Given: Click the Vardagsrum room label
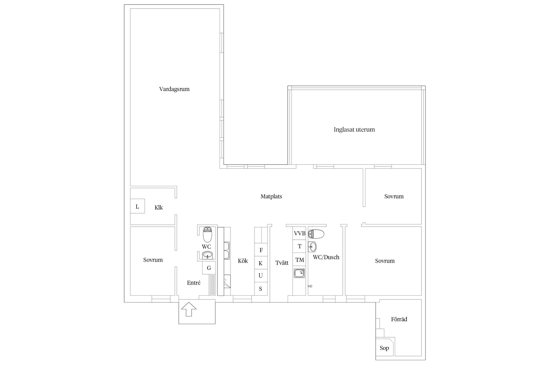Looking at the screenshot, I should [174, 89].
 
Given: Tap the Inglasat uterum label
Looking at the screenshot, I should [354, 129].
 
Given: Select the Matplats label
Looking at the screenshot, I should [271, 196].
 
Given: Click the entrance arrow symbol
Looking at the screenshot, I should [189, 309].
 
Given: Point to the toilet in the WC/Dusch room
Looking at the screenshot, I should [317, 234].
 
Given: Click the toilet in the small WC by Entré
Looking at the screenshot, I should [207, 234].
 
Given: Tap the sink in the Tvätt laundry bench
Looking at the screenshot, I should [299, 273].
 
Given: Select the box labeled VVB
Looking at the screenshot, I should [299, 233].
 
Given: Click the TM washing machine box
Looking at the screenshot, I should [299, 260].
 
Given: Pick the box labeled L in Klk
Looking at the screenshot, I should [137, 206].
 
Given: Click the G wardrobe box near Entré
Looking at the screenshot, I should [209, 268].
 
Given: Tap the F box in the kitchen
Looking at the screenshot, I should [261, 250].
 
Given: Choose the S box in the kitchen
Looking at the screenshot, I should [261, 289].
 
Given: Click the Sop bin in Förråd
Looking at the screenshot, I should [384, 348].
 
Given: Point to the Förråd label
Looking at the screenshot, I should [399, 319].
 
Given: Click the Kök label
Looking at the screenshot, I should [243, 261].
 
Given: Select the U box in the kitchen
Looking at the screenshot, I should [261, 275].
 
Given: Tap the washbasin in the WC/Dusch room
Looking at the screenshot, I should [312, 246].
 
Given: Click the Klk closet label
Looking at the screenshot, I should [159, 208].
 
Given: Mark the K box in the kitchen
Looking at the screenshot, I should [261, 263].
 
